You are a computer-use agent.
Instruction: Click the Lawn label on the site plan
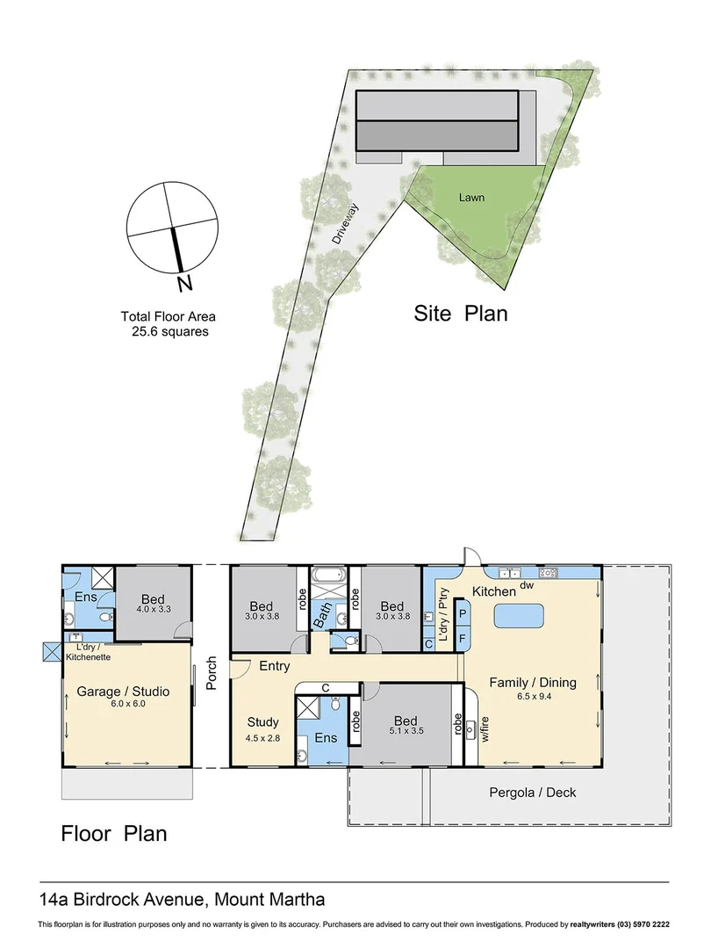tap(471, 198)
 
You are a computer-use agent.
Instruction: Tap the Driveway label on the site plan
tap(345, 223)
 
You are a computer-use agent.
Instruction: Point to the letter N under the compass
tap(183, 283)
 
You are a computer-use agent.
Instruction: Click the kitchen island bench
tap(520, 617)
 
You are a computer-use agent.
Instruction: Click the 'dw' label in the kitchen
tap(528, 585)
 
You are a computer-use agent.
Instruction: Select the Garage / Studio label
tap(123, 692)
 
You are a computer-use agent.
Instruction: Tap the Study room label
tap(262, 722)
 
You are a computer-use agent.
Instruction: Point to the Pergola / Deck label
tap(532, 793)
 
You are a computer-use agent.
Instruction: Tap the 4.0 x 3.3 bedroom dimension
tap(153, 609)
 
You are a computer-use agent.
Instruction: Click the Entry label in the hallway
tap(274, 667)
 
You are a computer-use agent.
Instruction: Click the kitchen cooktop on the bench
tap(548, 573)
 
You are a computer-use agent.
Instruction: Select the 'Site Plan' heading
tap(461, 313)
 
